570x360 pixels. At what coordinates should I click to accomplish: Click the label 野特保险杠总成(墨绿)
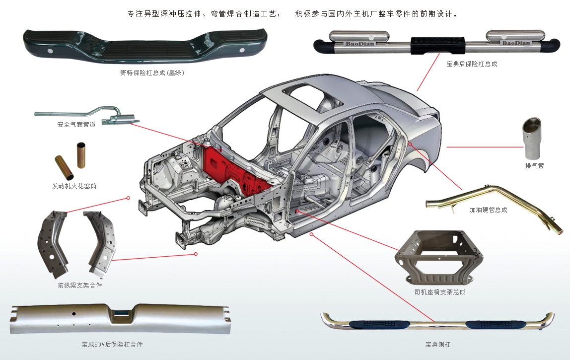[x=152, y=72]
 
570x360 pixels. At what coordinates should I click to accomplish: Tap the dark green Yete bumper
[x=145, y=46]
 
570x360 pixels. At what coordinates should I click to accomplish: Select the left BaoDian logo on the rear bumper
[x=359, y=44]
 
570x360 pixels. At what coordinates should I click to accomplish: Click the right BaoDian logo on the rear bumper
[x=516, y=43]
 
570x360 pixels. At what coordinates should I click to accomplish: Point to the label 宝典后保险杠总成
[x=472, y=64]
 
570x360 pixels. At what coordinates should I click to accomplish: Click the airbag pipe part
[x=87, y=115]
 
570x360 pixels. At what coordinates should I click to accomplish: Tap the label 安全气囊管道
[x=76, y=125]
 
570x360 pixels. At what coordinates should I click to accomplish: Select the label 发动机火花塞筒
[x=74, y=186]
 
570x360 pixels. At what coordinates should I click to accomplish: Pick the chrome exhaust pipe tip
[x=532, y=139]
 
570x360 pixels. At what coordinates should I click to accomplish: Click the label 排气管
[x=534, y=166]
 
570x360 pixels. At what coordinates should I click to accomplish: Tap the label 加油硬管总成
[x=488, y=210]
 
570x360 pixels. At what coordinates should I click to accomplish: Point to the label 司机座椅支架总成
[x=440, y=292]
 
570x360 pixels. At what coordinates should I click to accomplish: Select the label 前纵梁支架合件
[x=80, y=286]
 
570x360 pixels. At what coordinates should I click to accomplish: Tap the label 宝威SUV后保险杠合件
[x=112, y=345]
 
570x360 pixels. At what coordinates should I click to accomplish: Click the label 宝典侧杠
[x=438, y=345]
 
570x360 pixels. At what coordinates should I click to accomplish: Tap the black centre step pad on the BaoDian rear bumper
[x=438, y=46]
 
